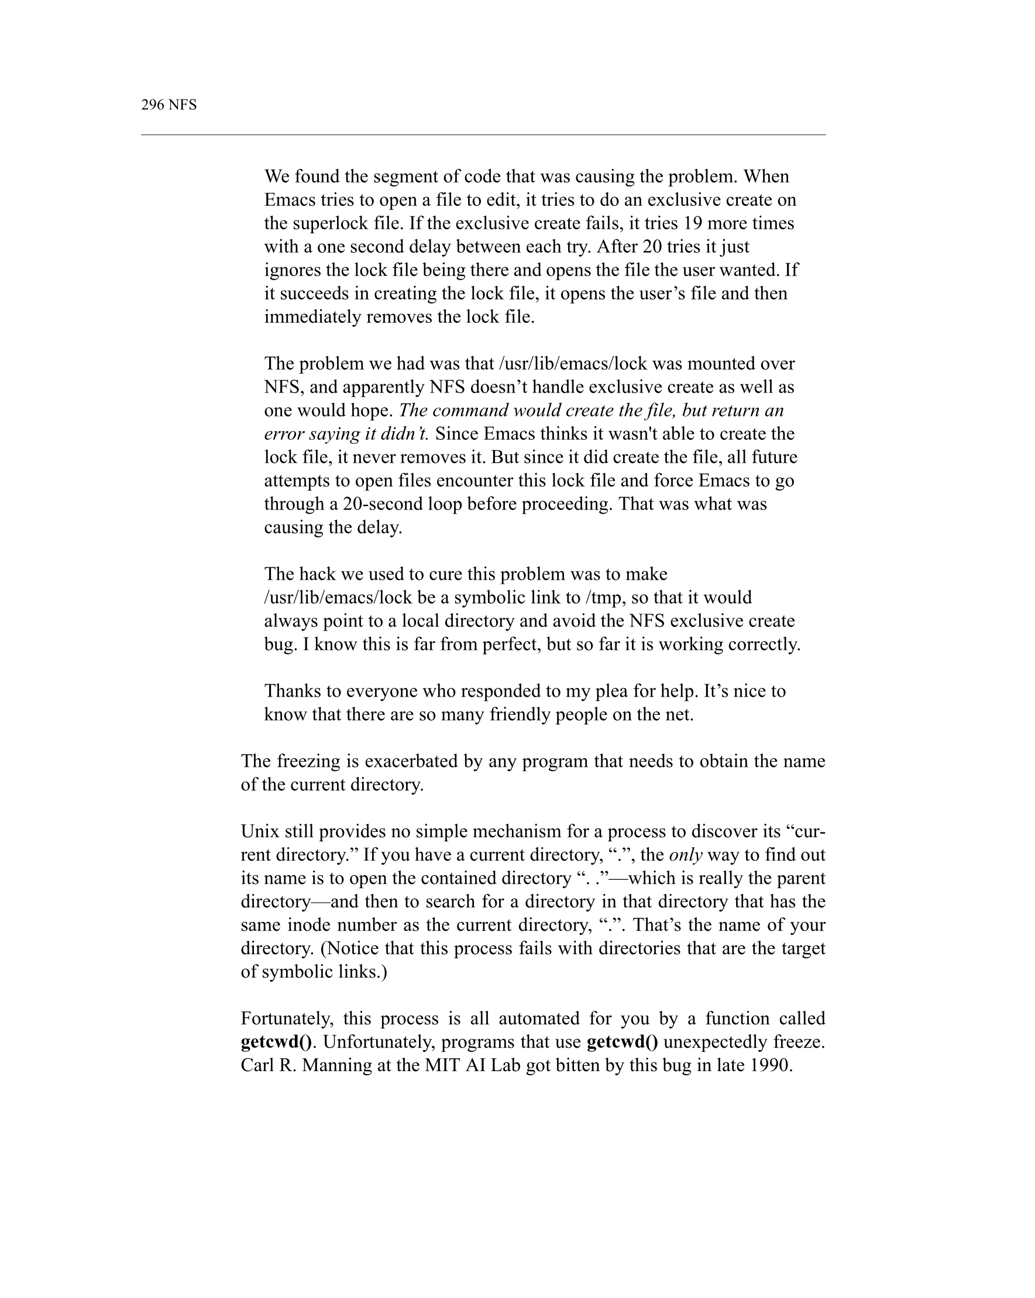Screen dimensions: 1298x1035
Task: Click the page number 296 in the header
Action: point(152,105)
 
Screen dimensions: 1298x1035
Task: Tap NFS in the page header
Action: point(183,105)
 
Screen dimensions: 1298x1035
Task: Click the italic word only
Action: point(686,855)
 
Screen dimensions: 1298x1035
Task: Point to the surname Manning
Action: point(337,1065)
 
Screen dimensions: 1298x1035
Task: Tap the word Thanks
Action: point(292,691)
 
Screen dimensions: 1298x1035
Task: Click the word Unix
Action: point(260,831)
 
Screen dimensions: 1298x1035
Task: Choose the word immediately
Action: point(312,316)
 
